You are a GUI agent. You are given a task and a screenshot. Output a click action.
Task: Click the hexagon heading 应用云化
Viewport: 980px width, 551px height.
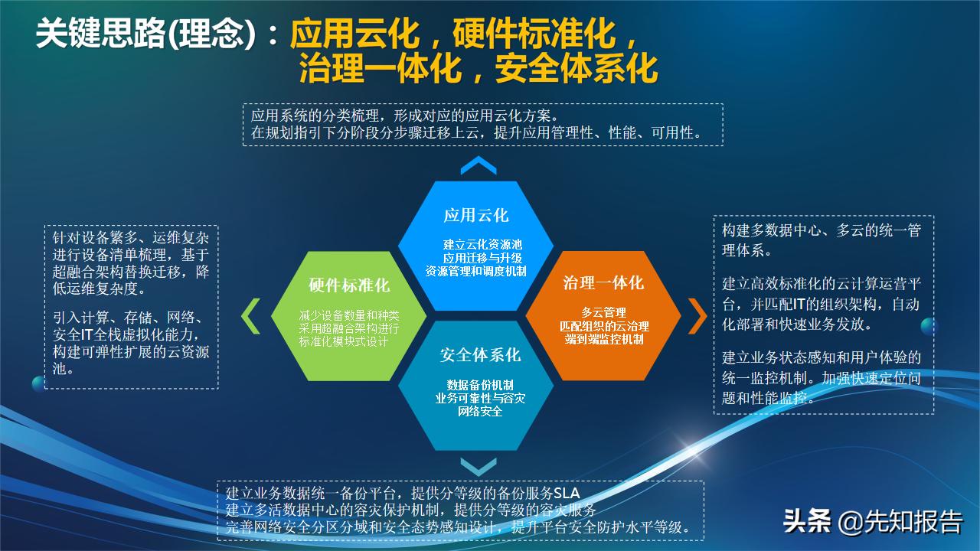click(x=475, y=215)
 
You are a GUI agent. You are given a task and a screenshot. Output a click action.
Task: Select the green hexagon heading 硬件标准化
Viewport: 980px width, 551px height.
click(x=348, y=285)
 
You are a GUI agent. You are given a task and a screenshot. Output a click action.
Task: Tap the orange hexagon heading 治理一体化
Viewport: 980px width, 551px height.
click(x=603, y=282)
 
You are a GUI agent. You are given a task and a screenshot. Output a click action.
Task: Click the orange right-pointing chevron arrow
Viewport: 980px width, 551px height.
click(x=697, y=316)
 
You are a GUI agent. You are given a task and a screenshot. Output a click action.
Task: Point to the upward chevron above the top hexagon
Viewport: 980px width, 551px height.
click(x=479, y=166)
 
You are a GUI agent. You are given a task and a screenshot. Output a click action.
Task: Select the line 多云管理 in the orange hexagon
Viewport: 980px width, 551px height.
click(x=603, y=312)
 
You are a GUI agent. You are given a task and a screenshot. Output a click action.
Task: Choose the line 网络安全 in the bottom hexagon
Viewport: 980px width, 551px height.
click(x=480, y=412)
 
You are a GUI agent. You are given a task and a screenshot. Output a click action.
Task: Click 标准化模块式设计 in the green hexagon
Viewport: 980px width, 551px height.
click(x=348, y=341)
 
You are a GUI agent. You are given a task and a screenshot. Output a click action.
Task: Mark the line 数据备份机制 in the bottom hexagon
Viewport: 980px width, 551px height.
click(x=480, y=384)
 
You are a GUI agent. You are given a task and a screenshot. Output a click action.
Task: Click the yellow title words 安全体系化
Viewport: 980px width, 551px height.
click(x=577, y=68)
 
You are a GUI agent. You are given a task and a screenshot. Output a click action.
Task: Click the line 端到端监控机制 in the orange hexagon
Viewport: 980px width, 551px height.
click(x=603, y=339)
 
